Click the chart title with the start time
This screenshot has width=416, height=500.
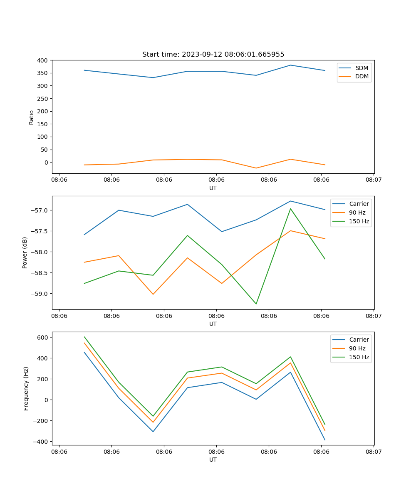[x=213, y=55]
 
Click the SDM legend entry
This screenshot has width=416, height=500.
[x=362, y=68]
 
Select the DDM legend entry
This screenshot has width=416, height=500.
[x=362, y=76]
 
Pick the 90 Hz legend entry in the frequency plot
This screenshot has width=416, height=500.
[x=357, y=348]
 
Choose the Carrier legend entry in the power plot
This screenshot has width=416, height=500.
[x=359, y=204]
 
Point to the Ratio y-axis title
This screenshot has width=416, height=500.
[x=32, y=117]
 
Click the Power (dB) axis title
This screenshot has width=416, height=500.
[x=25, y=252]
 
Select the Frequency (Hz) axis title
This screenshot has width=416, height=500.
[x=26, y=388]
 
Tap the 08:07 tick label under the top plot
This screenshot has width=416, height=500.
[x=373, y=180]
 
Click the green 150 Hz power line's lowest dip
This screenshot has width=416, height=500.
[x=256, y=304]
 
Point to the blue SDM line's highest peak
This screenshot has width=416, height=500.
[x=290, y=65]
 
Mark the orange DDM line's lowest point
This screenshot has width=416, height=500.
[x=256, y=168]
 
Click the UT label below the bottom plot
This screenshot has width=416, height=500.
[x=213, y=460]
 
